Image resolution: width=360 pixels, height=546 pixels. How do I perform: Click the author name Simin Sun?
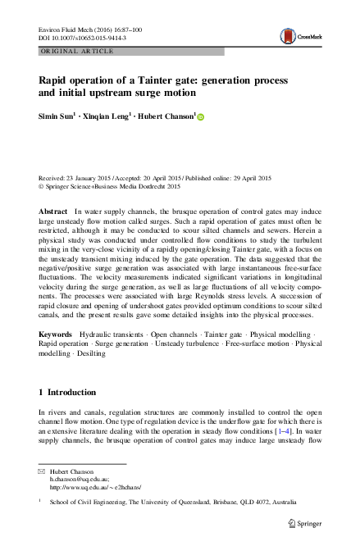[58, 118]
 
